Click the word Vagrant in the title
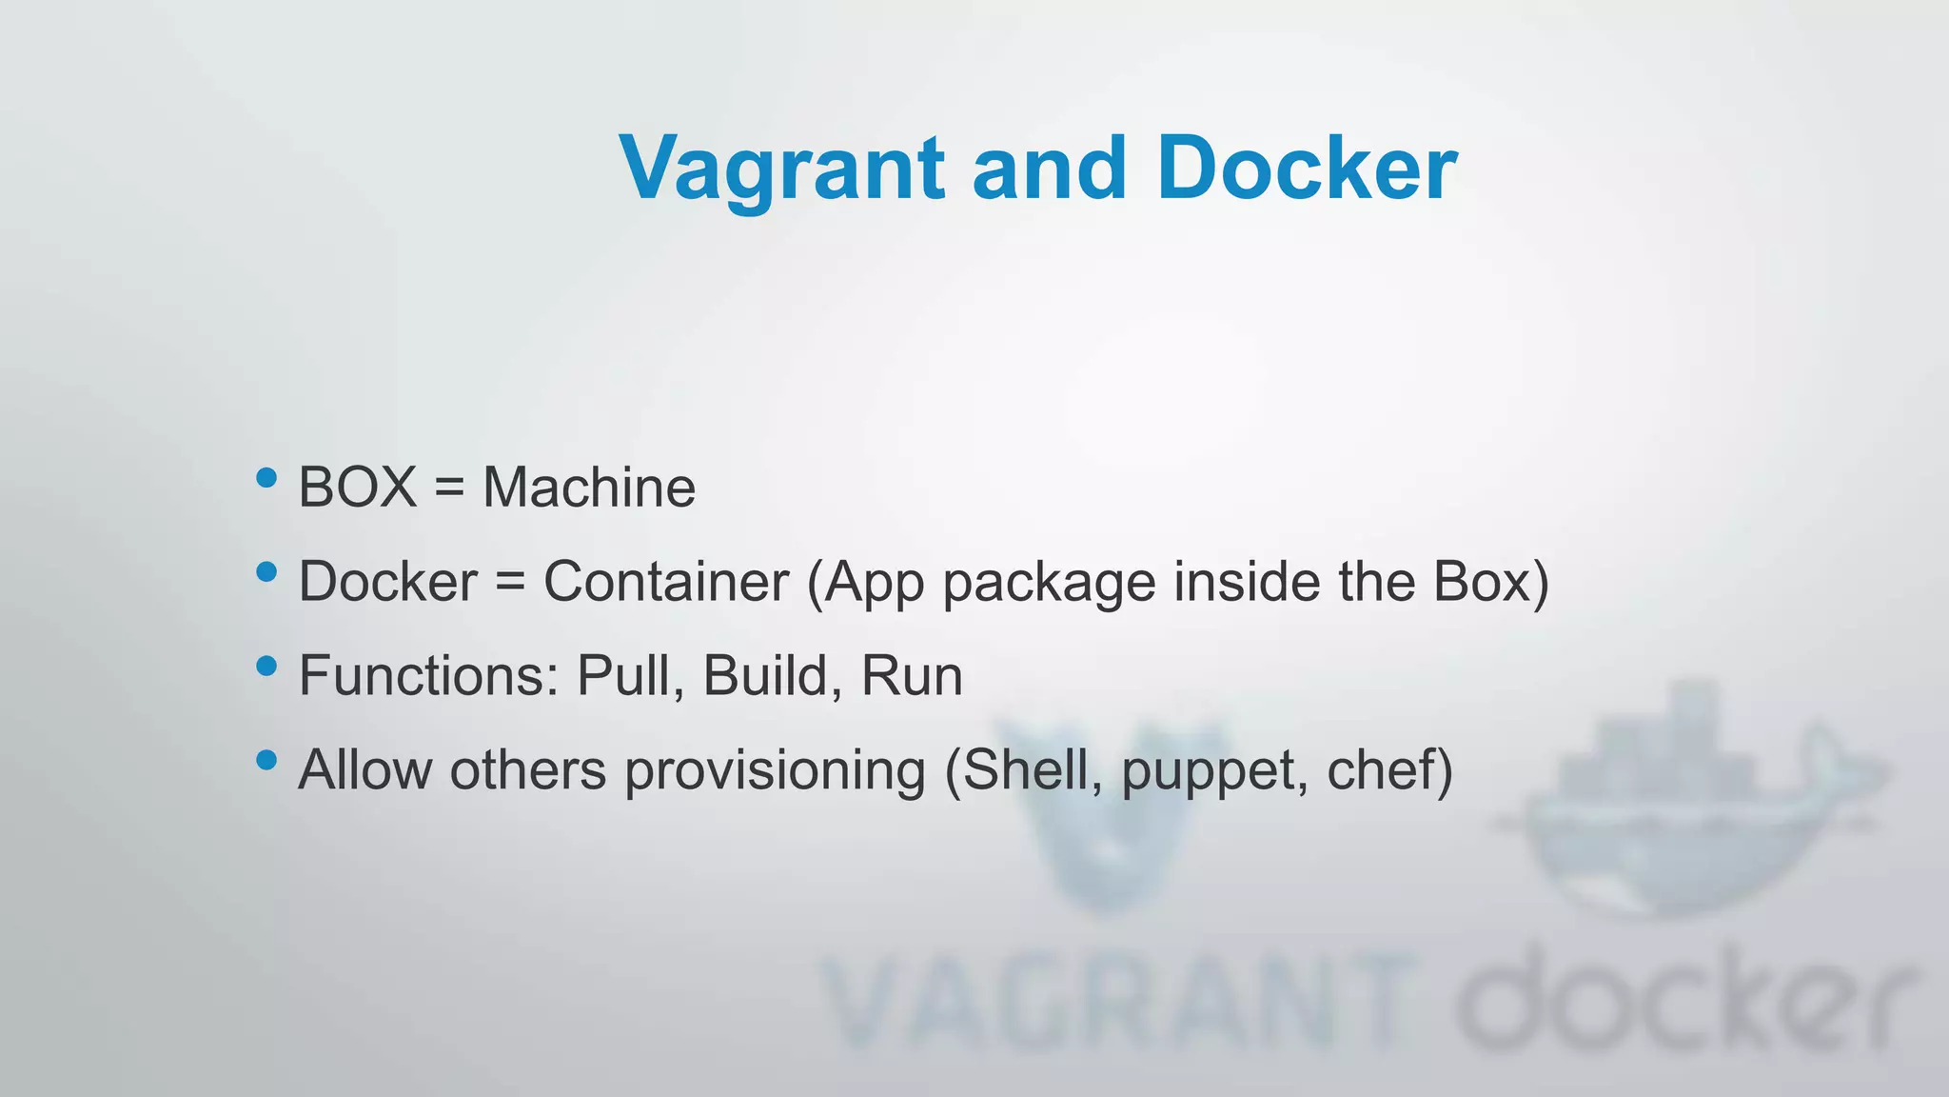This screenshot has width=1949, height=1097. pos(781,169)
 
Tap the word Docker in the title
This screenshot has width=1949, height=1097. pos(1307,169)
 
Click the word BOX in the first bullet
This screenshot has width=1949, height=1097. pos(358,488)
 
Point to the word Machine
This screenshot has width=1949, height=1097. pos(589,488)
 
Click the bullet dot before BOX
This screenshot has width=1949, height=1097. pos(267,477)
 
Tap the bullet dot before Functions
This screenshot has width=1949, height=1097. pos(267,666)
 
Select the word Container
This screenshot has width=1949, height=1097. pos(666,581)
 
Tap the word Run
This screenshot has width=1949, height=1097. pos(912,676)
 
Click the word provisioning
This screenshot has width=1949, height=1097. pos(775,770)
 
